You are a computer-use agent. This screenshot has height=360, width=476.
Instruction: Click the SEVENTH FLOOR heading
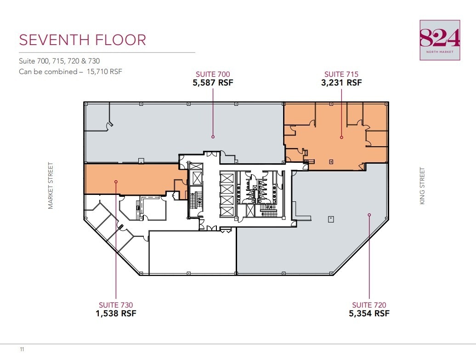[x=82, y=40]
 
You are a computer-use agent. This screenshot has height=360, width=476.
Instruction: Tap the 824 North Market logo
[x=440, y=40]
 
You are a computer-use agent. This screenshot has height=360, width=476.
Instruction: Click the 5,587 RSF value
[x=213, y=83]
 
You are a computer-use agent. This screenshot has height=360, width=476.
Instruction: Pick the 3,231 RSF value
[x=341, y=83]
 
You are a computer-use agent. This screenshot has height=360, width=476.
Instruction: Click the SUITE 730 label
[x=116, y=305]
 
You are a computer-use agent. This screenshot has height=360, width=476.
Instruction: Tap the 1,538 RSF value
[x=116, y=314]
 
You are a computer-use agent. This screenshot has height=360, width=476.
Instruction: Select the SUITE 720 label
[x=369, y=305]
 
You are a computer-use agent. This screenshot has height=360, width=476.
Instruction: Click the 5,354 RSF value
[x=369, y=314]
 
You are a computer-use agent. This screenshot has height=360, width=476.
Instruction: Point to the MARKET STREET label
[x=51, y=186]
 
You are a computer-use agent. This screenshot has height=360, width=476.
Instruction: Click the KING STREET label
[x=422, y=186]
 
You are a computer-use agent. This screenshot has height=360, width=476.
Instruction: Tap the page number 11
[x=22, y=350]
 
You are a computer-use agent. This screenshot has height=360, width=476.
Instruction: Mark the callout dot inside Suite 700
[x=213, y=137]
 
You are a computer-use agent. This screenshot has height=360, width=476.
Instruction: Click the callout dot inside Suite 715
[x=341, y=137]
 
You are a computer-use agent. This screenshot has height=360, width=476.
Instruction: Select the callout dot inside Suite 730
[x=116, y=182]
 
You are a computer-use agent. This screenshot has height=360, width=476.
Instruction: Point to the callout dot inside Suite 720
[x=369, y=214]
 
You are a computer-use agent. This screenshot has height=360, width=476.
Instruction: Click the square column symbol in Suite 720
[x=330, y=219]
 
